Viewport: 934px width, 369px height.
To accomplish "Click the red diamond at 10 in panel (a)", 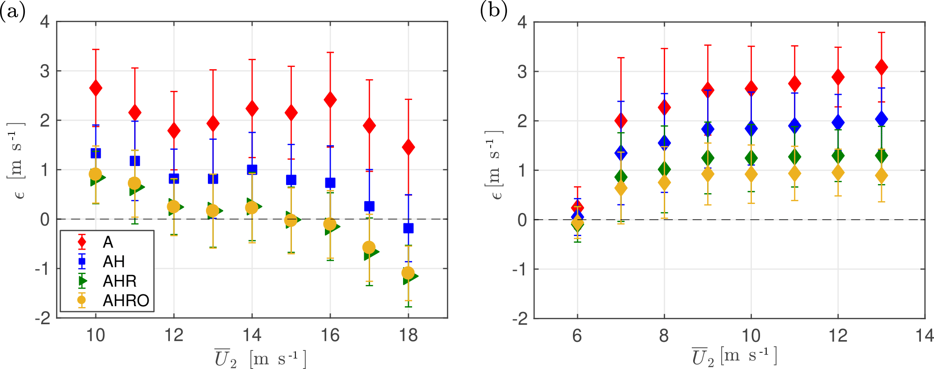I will (95, 88).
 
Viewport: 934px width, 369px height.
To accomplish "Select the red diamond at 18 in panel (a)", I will (408, 147).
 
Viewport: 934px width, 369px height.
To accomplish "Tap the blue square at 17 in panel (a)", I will (369, 206).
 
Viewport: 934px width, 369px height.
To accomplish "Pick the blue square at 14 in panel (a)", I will (252, 170).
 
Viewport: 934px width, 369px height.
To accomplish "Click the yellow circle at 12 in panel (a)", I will (174, 207).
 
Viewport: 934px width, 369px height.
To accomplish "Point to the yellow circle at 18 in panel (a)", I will (408, 273).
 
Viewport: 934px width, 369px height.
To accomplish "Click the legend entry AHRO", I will (126, 300).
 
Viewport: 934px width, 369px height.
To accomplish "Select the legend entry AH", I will (113, 261).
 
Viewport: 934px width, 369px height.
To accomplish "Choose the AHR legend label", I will (119, 281).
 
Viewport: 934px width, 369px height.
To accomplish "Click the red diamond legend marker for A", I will (82, 242).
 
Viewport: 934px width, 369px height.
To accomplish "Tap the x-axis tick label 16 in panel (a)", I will (330, 336).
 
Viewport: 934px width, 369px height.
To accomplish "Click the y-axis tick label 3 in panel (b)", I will (522, 71).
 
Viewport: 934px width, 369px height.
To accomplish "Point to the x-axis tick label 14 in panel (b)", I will (925, 336).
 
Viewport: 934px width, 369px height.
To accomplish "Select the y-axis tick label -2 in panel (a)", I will (43, 318).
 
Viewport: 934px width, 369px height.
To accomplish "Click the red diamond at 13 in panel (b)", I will (881, 67).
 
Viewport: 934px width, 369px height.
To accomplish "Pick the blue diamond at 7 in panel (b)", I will (621, 153).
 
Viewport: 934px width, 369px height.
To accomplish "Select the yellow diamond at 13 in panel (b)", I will (881, 175).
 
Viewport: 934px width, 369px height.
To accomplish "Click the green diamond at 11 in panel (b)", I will (794, 157).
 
